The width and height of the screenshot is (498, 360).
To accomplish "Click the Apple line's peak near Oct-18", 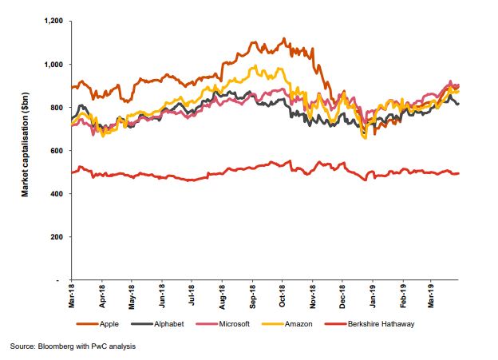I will tap(283, 38).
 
